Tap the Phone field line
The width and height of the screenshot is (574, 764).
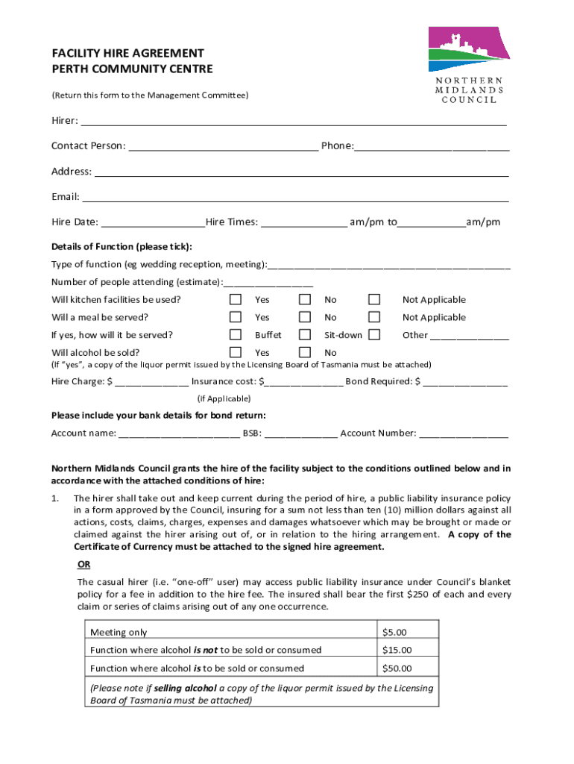tap(432, 147)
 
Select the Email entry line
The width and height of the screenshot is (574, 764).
tap(295, 198)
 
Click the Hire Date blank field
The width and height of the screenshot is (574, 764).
tap(153, 223)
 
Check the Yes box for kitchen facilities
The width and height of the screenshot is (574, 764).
tap(236, 299)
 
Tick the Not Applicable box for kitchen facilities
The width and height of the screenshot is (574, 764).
tap(374, 299)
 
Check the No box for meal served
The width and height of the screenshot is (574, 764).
tap(305, 317)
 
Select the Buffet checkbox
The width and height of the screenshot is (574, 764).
tap(236, 334)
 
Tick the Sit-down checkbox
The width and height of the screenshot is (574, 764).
tap(305, 334)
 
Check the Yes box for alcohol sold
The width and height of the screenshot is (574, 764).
tap(236, 352)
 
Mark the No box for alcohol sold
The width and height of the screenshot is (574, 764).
tap(305, 352)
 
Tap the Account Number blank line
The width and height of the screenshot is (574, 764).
tap(463, 434)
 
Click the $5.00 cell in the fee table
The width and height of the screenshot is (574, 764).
tap(407, 632)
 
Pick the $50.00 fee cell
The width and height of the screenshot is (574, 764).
tap(407, 668)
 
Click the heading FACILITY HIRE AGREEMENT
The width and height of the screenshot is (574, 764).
tap(127, 54)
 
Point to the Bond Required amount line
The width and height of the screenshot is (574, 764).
tap(465, 383)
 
